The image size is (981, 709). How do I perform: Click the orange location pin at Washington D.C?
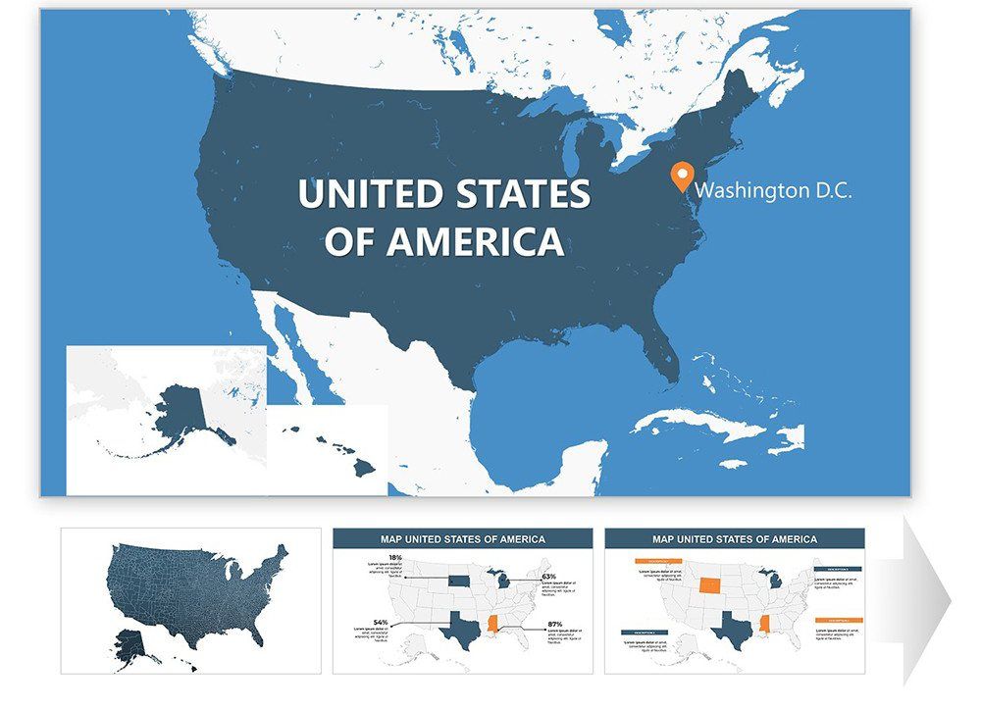click(679, 177)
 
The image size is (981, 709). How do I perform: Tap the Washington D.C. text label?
click(774, 190)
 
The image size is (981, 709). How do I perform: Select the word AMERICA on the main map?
click(475, 241)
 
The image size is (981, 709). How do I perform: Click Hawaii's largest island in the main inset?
click(364, 469)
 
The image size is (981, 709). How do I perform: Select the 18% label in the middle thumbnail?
click(395, 558)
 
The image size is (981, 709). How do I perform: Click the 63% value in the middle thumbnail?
click(548, 577)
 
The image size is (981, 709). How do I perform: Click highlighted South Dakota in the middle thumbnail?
click(458, 580)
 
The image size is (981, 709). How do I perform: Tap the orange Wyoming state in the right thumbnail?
click(708, 585)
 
